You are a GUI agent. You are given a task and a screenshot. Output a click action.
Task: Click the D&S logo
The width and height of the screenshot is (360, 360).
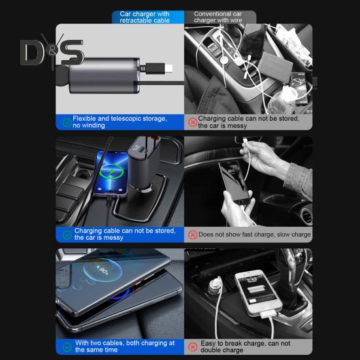pyautogui.click(x=52, y=53)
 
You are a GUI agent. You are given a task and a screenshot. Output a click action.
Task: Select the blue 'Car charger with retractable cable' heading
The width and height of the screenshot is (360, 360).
pyautogui.click(x=144, y=17)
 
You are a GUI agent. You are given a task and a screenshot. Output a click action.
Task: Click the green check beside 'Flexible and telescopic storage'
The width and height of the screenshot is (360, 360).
pyautogui.click(x=67, y=122)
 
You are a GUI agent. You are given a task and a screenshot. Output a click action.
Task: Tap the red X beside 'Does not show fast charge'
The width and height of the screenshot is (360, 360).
pyautogui.click(x=193, y=235)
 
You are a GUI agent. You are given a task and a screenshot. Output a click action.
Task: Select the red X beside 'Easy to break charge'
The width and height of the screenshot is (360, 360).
pyautogui.click(x=193, y=347)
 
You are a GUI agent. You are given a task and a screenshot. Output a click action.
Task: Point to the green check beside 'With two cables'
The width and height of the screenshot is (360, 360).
pyautogui.click(x=67, y=347)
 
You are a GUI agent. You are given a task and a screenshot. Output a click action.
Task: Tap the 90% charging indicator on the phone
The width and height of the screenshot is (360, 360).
pyautogui.click(x=103, y=269)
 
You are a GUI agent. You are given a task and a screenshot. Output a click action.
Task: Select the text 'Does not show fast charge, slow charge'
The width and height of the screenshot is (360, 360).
pyautogui.click(x=255, y=235)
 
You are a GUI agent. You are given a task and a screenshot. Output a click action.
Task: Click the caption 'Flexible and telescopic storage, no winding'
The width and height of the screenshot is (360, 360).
pyautogui.click(x=120, y=122)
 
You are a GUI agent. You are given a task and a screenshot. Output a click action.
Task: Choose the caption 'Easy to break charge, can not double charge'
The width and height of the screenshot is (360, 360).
pyautogui.click(x=246, y=347)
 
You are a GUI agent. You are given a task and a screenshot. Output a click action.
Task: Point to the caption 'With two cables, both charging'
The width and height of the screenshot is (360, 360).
pyautogui.click(x=125, y=347)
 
